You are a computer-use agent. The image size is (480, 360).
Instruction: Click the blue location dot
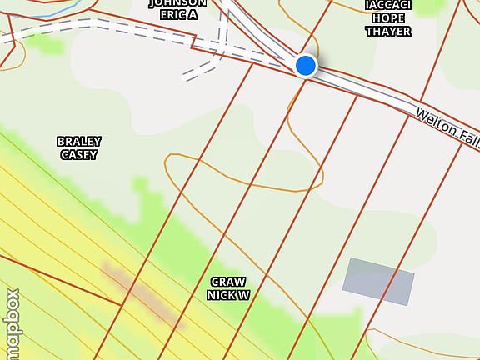pos(306,65)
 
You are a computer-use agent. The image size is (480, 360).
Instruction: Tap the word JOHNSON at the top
pos(177,3)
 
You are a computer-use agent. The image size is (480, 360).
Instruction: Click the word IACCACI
pos(388,5)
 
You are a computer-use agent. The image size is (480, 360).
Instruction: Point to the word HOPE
pos(388,18)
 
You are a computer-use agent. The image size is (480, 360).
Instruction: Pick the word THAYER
pos(388,32)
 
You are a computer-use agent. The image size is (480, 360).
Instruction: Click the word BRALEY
pos(79,142)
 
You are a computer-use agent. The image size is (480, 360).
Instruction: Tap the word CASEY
pos(79,154)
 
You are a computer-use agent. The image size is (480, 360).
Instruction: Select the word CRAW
pos(228,282)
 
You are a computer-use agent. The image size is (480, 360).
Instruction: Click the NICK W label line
pos(228,295)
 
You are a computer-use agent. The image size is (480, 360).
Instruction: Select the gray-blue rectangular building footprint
pos(378,281)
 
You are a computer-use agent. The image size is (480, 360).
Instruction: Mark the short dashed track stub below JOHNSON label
pos(201,72)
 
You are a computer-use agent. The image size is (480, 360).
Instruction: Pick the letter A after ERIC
pos(192,14)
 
